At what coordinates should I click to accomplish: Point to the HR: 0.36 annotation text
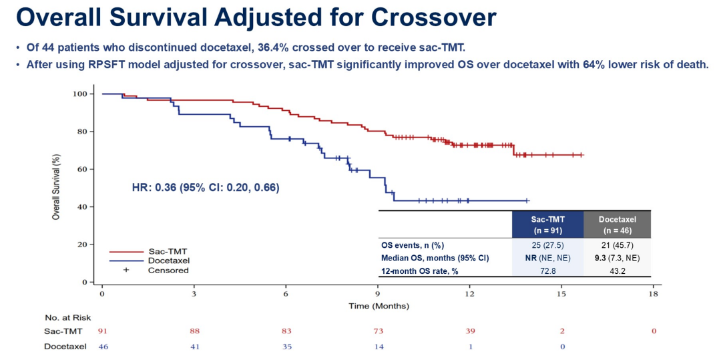pos(205,188)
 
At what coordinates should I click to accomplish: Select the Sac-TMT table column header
pos(547,224)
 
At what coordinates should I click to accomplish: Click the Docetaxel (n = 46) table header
pos(617,224)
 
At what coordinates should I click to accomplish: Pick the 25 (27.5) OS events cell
pos(547,245)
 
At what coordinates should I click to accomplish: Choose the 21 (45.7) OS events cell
pos(617,245)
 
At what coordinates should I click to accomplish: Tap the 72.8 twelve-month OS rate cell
pos(547,271)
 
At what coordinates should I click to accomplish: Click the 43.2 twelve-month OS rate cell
pos(617,271)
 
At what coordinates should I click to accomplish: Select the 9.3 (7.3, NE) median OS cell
pos(617,258)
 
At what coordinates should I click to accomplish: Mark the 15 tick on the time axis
pos(561,294)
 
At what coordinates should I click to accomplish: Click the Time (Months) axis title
pos(379,306)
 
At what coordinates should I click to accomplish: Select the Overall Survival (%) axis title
pos(57,187)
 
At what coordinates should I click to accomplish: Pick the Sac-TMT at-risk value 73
pos(378,331)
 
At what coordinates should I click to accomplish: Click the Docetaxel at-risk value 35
pos(286,347)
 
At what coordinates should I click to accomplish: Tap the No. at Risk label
pos(67,318)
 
